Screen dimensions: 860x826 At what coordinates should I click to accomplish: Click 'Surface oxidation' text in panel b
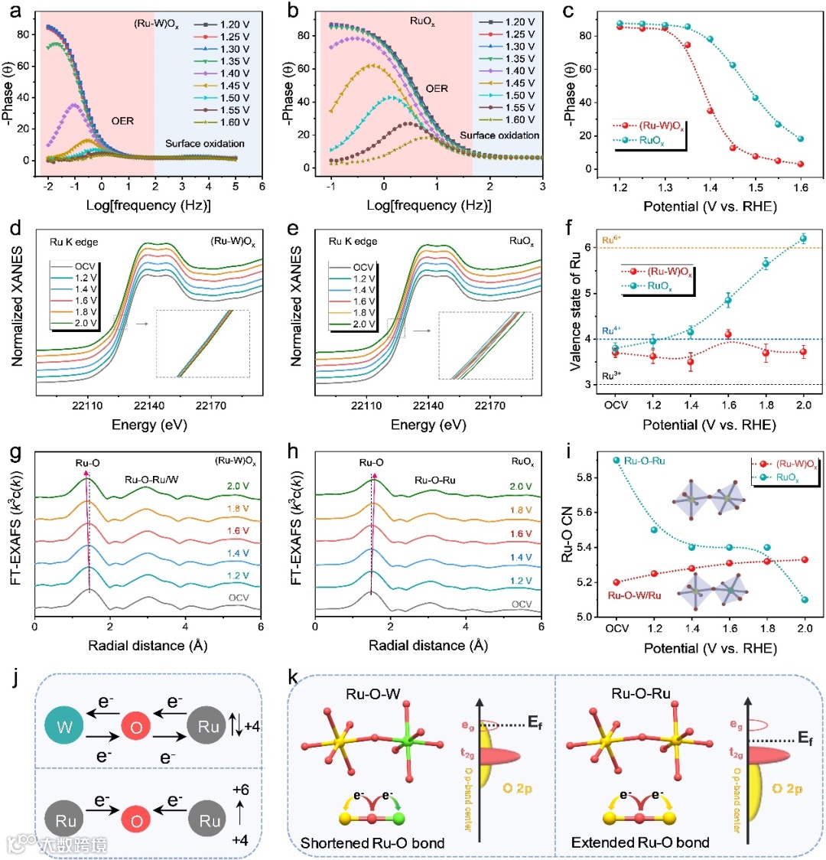pos(499,135)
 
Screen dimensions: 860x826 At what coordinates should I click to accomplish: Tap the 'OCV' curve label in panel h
pos(522,604)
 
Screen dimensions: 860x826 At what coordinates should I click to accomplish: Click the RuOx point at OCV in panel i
pos(616,460)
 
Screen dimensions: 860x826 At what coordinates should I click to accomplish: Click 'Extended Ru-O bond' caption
pos(640,842)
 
